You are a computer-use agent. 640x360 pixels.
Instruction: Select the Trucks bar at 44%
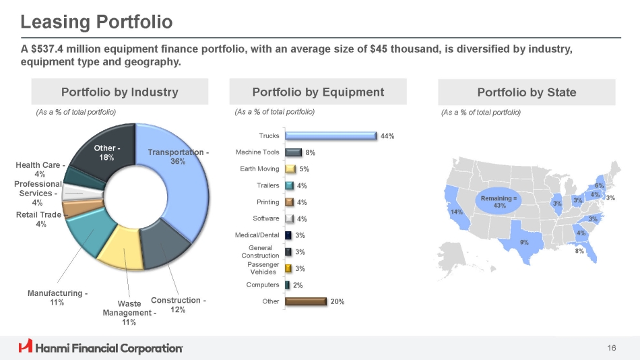click(330, 136)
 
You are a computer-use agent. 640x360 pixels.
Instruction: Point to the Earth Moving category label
click(259, 169)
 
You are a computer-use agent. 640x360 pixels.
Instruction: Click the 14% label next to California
click(457, 212)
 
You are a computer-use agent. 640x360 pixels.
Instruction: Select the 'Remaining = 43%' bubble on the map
click(499, 202)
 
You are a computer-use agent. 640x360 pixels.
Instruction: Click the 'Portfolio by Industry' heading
click(120, 92)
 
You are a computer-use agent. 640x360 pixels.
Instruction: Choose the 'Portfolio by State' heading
click(526, 92)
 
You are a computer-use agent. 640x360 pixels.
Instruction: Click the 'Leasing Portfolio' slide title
click(96, 22)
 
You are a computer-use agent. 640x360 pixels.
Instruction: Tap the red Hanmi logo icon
click(26, 347)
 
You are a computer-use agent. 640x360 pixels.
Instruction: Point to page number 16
click(611, 348)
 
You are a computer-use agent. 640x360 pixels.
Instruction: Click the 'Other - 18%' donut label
click(106, 152)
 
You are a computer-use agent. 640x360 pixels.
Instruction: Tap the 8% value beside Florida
click(579, 251)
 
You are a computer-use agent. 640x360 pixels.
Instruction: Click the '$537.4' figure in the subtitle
click(52, 50)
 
